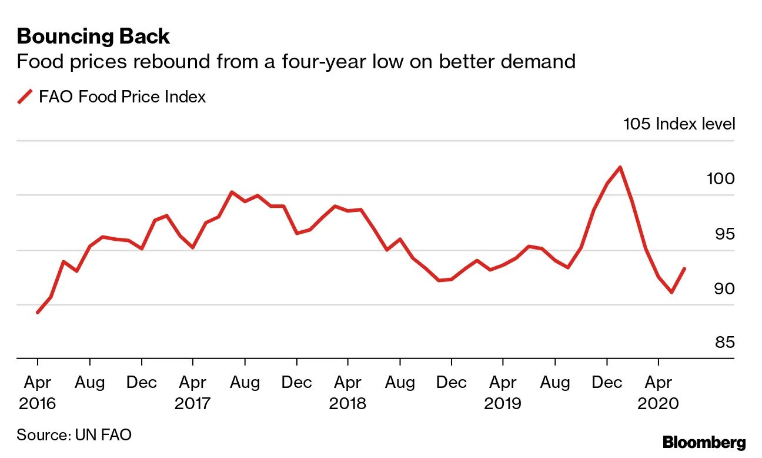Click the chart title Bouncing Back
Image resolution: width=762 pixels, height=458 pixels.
point(93,36)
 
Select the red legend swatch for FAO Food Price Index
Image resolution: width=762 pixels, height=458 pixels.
point(25,97)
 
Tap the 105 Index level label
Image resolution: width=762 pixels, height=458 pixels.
point(679,124)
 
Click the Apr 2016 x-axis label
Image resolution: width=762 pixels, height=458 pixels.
point(38,393)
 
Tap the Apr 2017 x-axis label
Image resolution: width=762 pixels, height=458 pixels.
point(193,393)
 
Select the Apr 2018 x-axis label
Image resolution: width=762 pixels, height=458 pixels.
point(347,393)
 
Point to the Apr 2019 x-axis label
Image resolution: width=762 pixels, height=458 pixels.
point(503,393)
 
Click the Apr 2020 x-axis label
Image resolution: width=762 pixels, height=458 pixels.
point(659,393)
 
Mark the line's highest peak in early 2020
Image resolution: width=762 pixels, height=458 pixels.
point(620,167)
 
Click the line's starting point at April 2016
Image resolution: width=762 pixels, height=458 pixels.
point(38,312)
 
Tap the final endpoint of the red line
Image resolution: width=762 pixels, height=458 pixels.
point(684,268)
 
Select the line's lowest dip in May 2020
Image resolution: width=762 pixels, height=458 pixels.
point(671,292)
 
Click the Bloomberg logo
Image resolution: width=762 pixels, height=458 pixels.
point(704,443)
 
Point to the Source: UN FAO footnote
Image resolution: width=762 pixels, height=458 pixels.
point(74,435)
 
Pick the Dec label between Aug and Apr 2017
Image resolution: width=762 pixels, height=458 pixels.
point(141,383)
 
